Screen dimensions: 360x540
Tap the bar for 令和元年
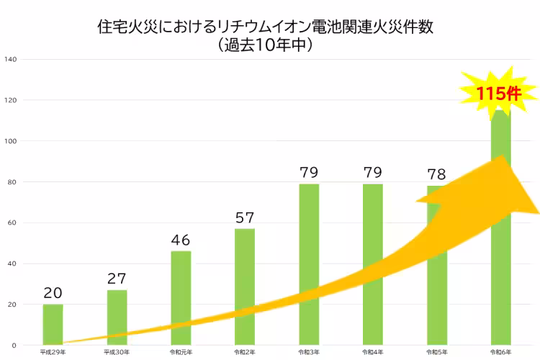coord(181,288)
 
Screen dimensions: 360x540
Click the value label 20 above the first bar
coord(53,293)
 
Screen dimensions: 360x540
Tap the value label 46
coord(181,240)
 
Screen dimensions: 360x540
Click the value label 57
coord(245,217)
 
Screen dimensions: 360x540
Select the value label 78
coord(436,174)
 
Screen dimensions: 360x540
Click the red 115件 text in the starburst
coord(497,94)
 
